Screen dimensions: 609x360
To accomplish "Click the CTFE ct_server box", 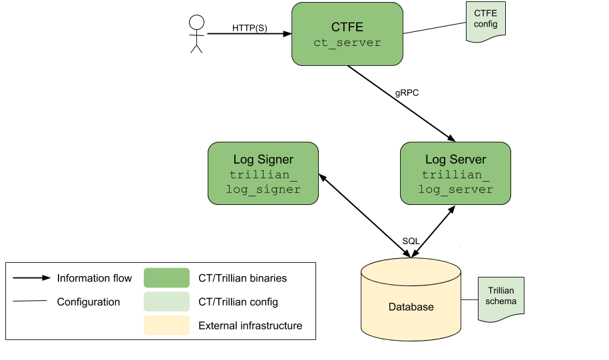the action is pos(347,34).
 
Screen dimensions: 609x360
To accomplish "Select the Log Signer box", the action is pos(263,173).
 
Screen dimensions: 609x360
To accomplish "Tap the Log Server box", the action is pos(455,173).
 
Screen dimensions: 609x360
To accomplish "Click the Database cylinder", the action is pos(411,299).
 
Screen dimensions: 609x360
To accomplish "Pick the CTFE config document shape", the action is pos(485,22).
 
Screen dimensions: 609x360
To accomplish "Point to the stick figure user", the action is pos(196,34).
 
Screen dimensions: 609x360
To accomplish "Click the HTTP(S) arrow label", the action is pos(250,28).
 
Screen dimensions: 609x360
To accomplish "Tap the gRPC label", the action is pos(407,92).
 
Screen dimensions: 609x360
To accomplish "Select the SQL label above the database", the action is pos(411,241).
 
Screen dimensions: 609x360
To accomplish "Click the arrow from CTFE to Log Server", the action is pos(401,104).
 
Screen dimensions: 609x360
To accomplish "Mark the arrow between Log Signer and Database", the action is pos(365,216).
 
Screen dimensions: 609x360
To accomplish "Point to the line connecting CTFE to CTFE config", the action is pos(435,28).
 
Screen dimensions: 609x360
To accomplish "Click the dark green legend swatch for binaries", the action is pos(166,277).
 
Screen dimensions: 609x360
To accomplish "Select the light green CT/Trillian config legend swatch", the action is pos(166,301).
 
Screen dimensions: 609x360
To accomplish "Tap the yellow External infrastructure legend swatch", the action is pos(166,325).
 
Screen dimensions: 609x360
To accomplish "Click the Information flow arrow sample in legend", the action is pos(32,277).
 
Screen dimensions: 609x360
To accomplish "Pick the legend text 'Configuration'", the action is pos(89,301).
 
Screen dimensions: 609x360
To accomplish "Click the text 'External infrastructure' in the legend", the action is pos(250,325).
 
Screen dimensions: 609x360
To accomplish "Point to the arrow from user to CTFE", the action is pos(250,34).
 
